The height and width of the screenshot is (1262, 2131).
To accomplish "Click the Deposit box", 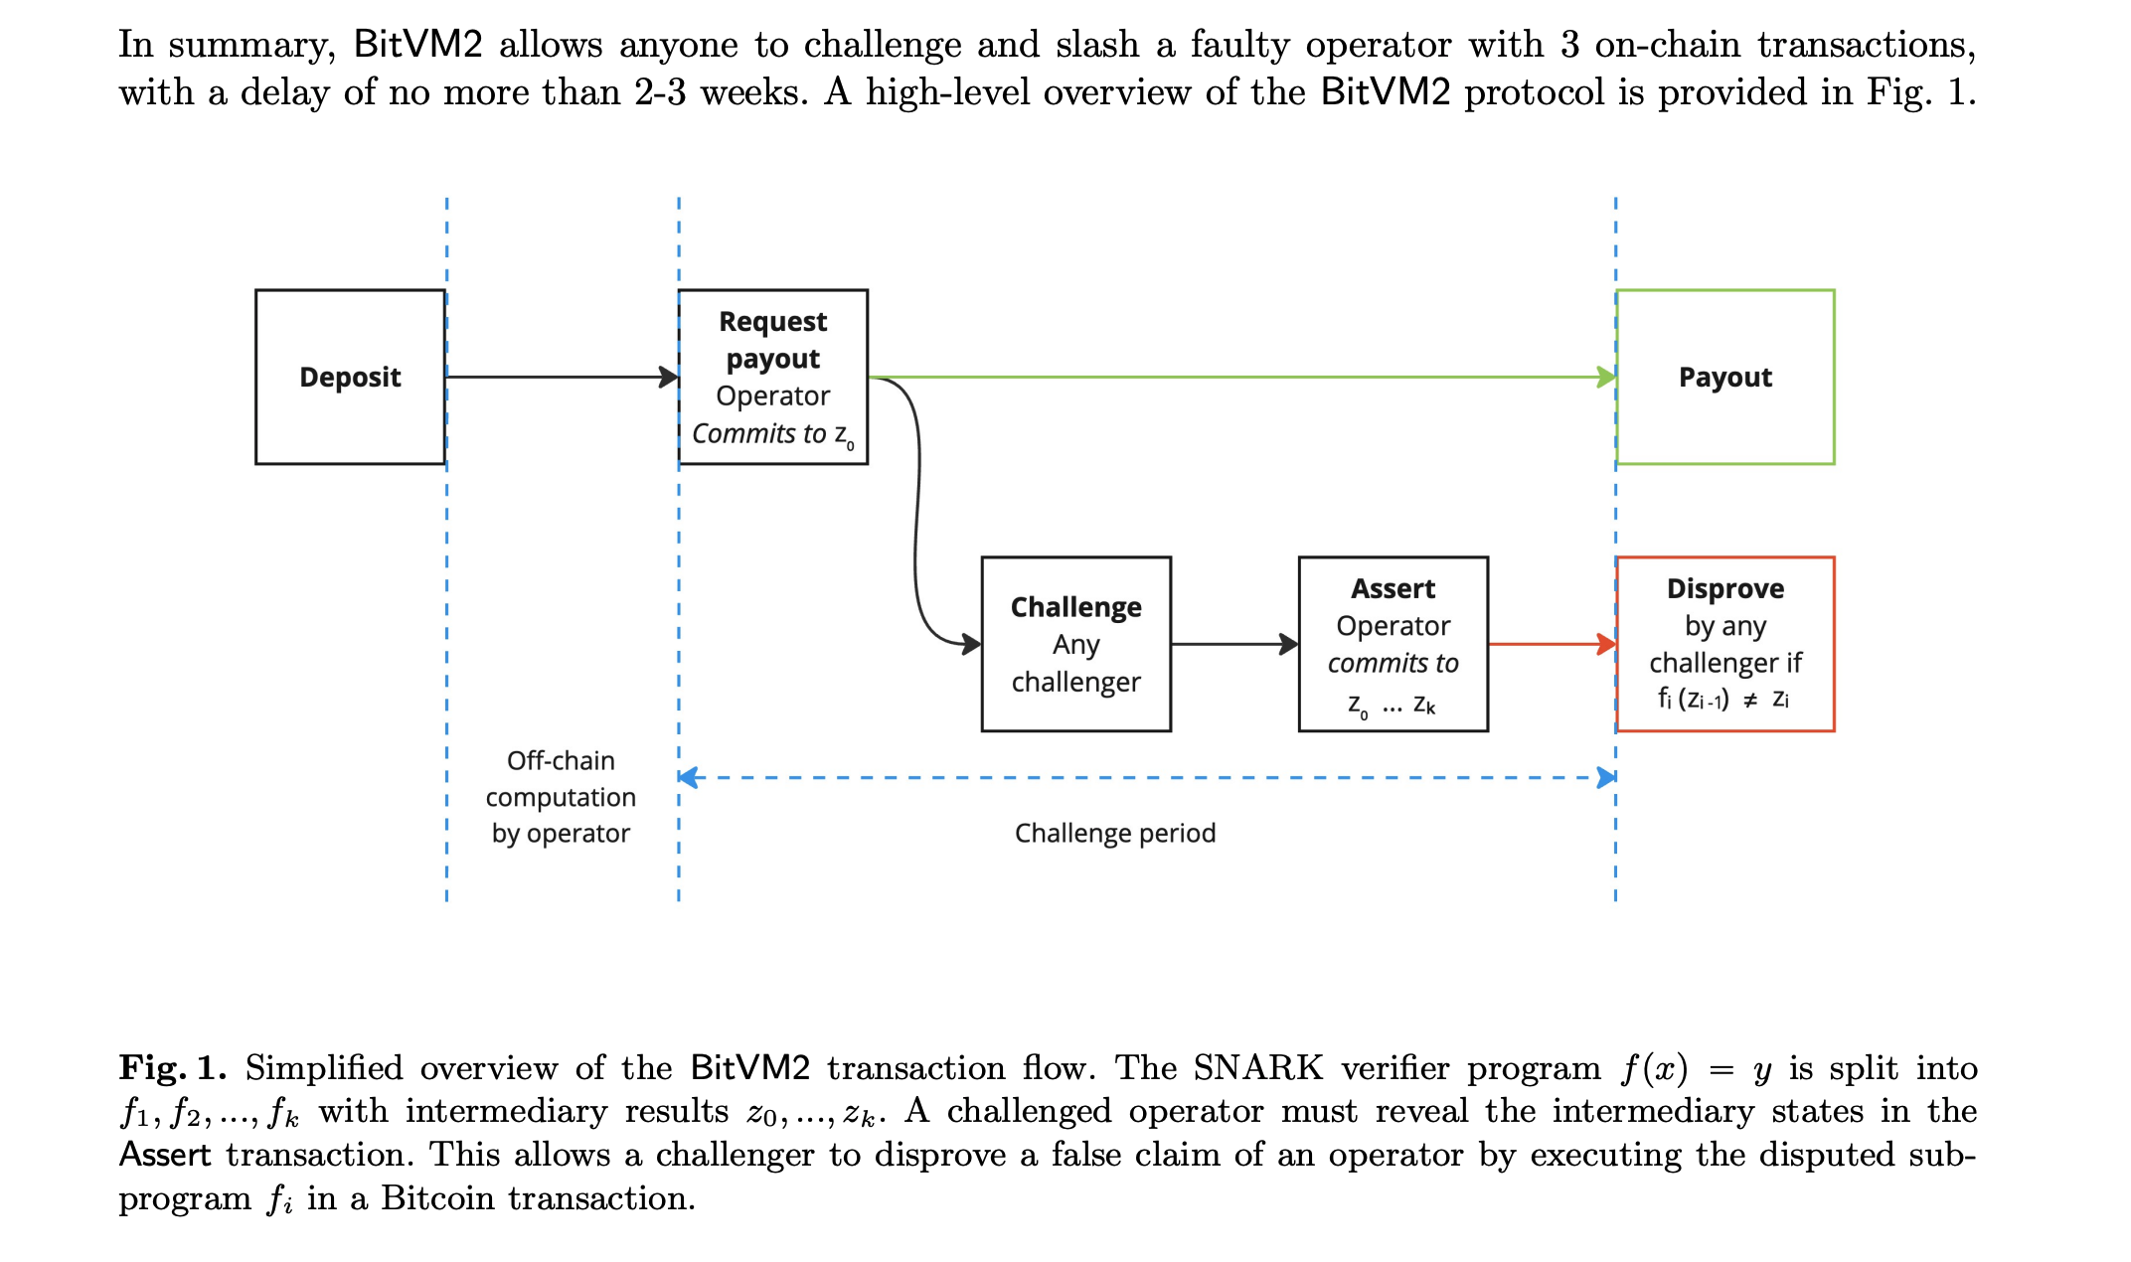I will (x=350, y=377).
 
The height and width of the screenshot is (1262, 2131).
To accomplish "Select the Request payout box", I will (x=772, y=377).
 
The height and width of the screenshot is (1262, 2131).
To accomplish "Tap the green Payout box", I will (x=1724, y=377).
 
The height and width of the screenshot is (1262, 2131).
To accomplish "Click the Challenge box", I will (x=1075, y=644).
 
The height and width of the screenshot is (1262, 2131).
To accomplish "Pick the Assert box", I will (x=1393, y=644).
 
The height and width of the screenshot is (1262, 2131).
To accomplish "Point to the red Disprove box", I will (x=1724, y=644).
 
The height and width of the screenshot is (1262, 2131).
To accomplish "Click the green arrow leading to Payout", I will (x=1242, y=378).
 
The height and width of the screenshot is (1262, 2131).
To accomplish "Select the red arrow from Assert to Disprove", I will (x=1551, y=644).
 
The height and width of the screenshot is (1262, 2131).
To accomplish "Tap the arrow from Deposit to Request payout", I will (x=562, y=378).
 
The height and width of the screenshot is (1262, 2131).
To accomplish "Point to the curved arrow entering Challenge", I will (x=916, y=517).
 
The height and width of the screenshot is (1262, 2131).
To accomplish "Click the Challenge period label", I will (x=1115, y=833).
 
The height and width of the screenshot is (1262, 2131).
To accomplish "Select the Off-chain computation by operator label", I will (x=561, y=797).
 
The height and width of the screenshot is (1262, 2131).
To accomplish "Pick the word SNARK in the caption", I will (x=1257, y=1068).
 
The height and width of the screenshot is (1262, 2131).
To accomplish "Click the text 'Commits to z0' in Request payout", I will (x=772, y=434).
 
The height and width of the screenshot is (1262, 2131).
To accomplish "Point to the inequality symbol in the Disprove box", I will (x=1750, y=700).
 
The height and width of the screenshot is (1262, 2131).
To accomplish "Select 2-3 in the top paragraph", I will (x=660, y=92).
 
